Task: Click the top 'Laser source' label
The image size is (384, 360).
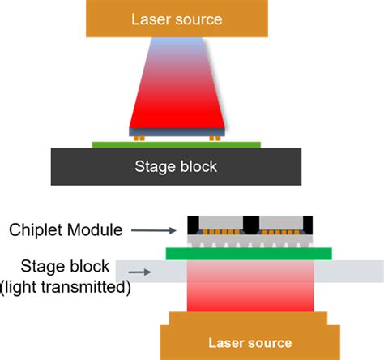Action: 176,18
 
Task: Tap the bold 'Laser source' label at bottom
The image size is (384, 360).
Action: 250,342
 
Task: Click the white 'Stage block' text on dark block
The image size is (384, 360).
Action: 176,167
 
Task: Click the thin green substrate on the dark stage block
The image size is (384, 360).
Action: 176,144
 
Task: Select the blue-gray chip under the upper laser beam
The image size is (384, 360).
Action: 176,131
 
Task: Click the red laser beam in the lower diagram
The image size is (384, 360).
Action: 250,288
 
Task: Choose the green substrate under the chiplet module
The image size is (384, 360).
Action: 249,254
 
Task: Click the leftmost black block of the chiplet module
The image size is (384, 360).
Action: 194,224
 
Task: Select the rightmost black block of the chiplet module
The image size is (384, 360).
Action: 307,224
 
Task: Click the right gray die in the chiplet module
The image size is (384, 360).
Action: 279,223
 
